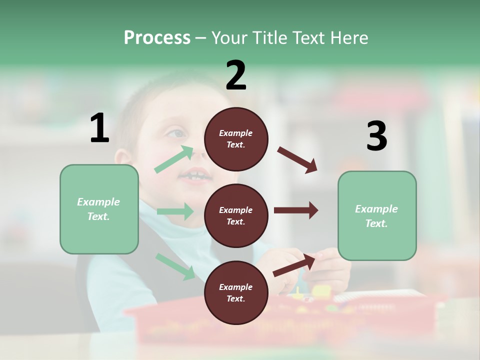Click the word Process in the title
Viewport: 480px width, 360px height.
click(157, 38)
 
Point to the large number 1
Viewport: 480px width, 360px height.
click(99, 128)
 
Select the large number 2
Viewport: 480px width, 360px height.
click(236, 75)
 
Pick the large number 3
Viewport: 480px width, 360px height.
click(376, 136)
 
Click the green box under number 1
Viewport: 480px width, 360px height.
click(99, 209)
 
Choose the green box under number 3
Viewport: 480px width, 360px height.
click(377, 216)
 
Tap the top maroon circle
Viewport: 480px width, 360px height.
click(236, 139)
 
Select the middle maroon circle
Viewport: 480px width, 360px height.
click(236, 215)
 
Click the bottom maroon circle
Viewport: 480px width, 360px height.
click(236, 292)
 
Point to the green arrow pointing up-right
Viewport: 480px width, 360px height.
click(174, 159)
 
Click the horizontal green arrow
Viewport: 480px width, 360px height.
click(175, 211)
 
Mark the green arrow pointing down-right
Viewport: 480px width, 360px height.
click(175, 266)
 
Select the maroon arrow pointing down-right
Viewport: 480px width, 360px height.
click(297, 160)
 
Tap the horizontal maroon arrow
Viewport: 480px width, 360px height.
click(296, 210)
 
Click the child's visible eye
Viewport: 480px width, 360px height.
click(176, 133)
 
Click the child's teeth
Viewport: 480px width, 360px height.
click(195, 175)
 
